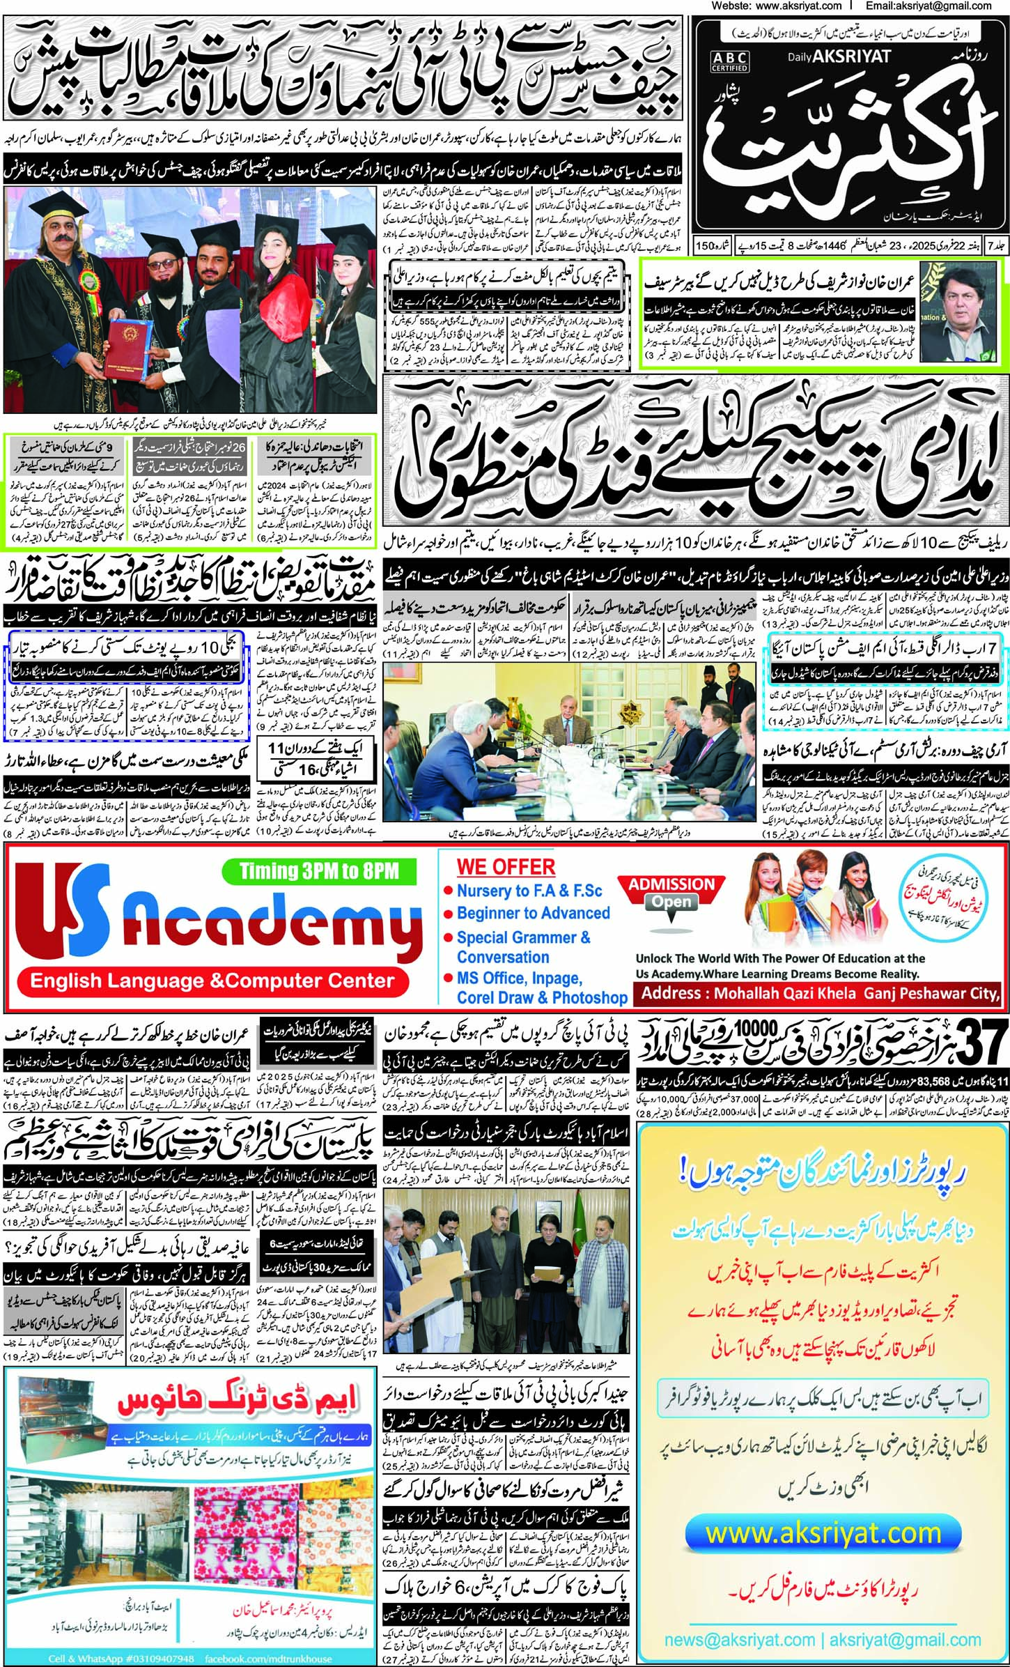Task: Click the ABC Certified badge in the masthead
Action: (729, 61)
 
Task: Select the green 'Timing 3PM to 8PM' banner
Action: (318, 871)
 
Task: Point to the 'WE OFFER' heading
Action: (506, 867)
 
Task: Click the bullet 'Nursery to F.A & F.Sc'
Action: (529, 891)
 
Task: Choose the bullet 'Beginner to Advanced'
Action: (533, 913)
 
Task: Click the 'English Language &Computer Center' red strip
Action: (212, 981)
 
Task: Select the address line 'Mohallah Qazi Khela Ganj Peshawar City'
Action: (820, 992)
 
